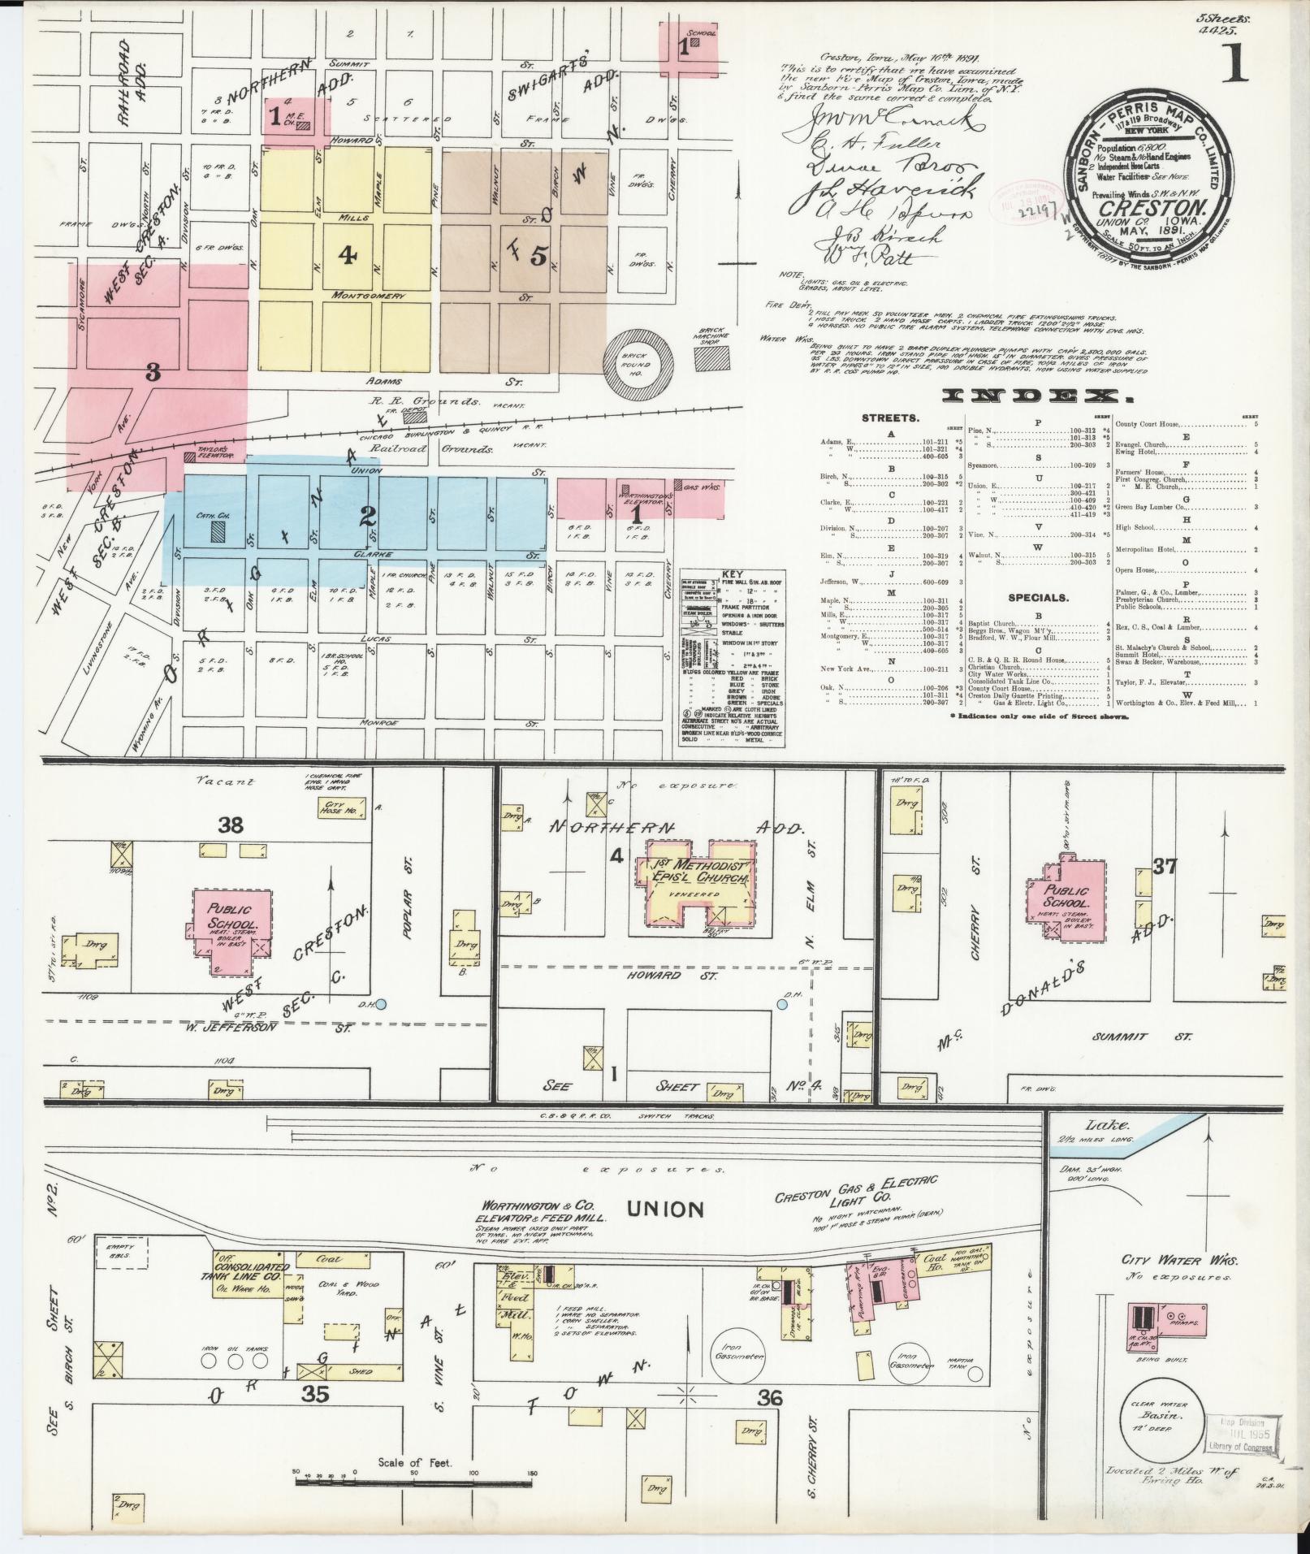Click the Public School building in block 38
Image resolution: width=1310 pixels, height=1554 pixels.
point(231,930)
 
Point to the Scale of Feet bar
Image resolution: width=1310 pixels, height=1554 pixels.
point(415,1482)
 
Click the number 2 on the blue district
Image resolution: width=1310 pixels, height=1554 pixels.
point(368,515)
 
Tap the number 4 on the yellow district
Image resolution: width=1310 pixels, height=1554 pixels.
point(348,256)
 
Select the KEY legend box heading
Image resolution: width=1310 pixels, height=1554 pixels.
point(720,574)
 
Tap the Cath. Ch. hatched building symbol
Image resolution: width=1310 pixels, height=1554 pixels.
point(217,531)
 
